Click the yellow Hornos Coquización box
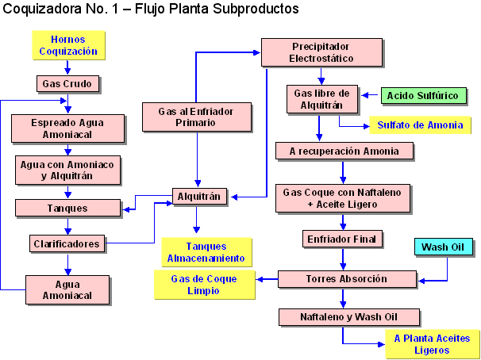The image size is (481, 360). [x=67, y=45]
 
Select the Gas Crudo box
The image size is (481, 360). [x=67, y=83]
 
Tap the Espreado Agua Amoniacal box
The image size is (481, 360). [x=67, y=128]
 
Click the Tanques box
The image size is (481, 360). [x=67, y=209]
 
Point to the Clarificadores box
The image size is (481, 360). [x=67, y=243]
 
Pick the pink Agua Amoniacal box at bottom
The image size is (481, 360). [x=67, y=289]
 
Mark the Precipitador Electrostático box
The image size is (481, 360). [x=320, y=52]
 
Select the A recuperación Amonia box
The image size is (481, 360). [x=344, y=151]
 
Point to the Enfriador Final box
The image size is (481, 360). [x=344, y=238]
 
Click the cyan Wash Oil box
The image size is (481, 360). [x=444, y=247]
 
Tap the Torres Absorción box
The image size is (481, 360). [x=347, y=279]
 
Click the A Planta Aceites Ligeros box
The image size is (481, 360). [x=432, y=344]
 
